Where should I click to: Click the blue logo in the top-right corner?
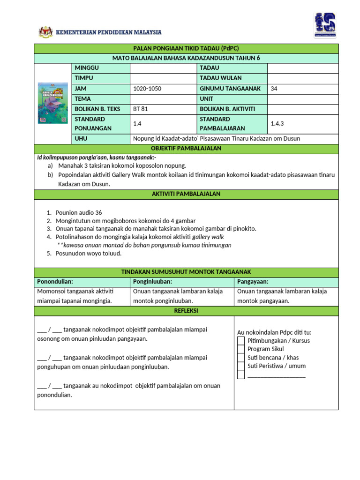click(x=324, y=25)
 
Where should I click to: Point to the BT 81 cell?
click(x=140, y=109)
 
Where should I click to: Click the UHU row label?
click(x=81, y=139)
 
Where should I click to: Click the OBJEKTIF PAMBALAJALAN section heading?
click(x=186, y=149)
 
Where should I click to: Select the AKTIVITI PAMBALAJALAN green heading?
click(x=186, y=194)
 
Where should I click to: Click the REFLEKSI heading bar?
click(x=186, y=311)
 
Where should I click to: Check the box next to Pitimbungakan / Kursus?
click(x=241, y=340)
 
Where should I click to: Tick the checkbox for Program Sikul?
click(x=241, y=349)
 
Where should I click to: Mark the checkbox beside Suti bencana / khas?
click(x=241, y=357)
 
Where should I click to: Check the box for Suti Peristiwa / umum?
click(x=241, y=366)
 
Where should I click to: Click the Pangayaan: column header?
click(x=253, y=281)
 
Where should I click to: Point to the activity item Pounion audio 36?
click(x=78, y=212)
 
